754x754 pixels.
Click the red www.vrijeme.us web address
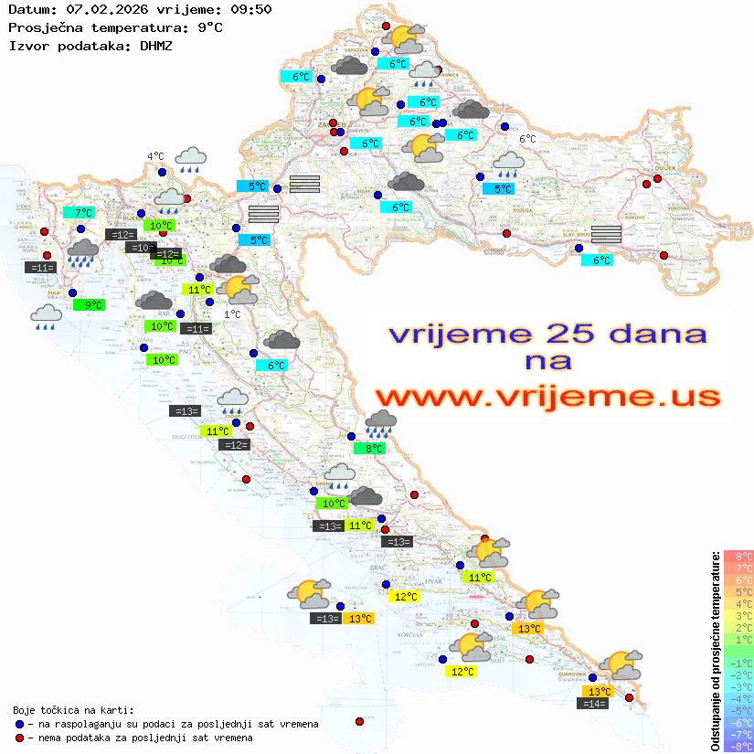tap(547, 397)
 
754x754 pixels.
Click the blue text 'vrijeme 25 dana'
tap(547, 334)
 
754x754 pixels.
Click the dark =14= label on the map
tap(595, 703)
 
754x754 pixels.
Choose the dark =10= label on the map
tap(140, 248)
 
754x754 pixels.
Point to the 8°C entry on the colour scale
tap(738, 557)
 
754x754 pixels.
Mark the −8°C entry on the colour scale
tap(738, 747)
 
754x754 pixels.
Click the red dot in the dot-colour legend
tap(19, 738)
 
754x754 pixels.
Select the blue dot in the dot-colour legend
tap(19, 724)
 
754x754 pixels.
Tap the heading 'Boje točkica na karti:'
tap(73, 710)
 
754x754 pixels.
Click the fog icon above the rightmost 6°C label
tap(606, 234)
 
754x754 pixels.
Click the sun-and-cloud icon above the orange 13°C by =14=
tap(621, 664)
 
